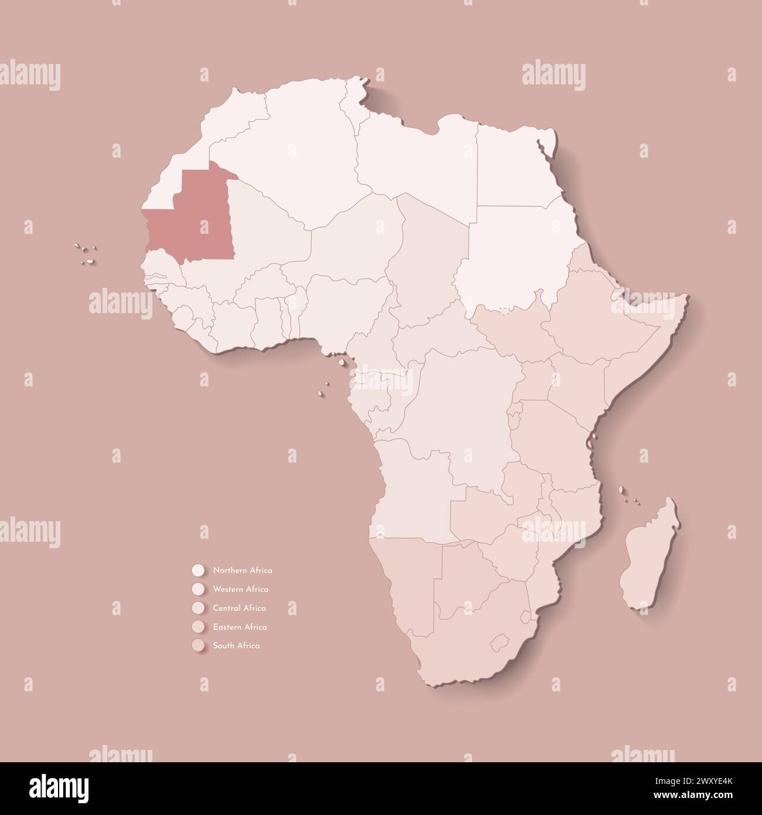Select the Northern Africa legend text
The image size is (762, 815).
click(243, 570)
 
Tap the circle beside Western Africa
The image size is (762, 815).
click(198, 589)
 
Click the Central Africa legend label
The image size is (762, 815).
click(239, 608)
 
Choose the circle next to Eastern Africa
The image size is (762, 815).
click(198, 627)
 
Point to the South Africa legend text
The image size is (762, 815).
click(236, 646)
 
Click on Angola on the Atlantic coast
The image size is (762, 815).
click(410, 487)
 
